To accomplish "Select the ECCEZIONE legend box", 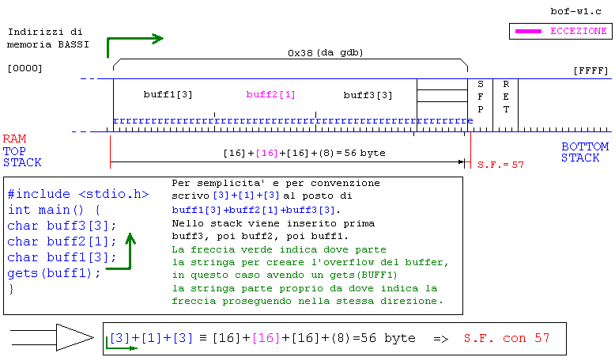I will point(560,31).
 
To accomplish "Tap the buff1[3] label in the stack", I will point(168,95).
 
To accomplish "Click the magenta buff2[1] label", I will point(270,95).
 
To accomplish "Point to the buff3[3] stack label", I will point(368,95).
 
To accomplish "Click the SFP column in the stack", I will point(480,96).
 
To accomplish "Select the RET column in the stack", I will point(506,96).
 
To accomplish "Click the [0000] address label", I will point(25,69).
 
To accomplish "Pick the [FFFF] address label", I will point(590,71).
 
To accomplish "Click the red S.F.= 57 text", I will point(501,165).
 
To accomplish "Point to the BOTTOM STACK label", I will point(585,152).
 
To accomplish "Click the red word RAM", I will point(14,139).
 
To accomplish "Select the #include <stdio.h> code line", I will point(77,194).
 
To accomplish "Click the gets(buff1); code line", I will point(54,273).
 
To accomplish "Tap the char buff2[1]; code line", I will point(62,241).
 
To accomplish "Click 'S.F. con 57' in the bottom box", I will point(503,338).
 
